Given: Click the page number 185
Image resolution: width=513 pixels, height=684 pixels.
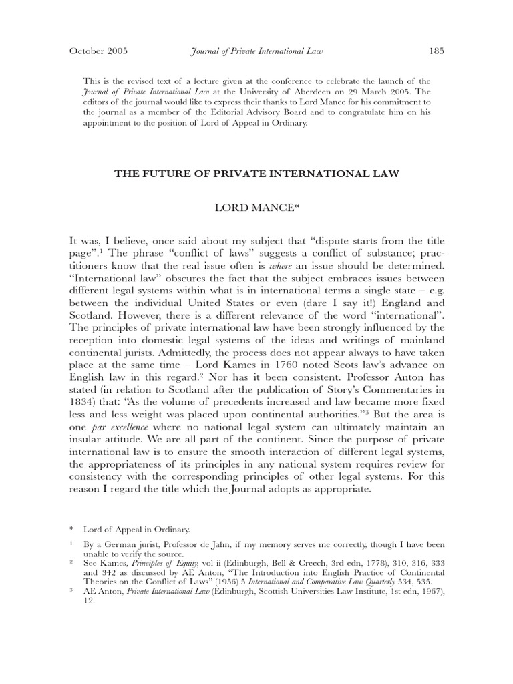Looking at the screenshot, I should (436, 51).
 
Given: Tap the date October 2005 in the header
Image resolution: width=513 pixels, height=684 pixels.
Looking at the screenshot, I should (98, 51).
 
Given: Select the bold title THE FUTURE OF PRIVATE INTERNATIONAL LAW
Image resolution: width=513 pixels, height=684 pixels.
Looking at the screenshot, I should (256, 174).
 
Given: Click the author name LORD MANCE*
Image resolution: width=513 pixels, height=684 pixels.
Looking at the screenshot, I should (256, 208).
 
